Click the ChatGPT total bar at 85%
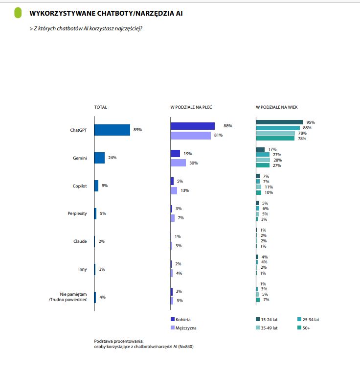112,130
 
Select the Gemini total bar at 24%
99,158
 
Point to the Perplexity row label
77,213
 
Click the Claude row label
80,241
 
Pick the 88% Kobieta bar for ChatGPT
192,126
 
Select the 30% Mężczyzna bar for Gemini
178,163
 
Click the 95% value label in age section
311,122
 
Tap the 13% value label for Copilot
184,190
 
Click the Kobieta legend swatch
173,320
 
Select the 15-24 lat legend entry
269,320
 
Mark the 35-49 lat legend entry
269,328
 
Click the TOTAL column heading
100,107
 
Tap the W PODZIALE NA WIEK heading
277,107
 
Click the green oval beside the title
18,13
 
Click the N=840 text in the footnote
190,347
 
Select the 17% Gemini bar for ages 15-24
260,149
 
